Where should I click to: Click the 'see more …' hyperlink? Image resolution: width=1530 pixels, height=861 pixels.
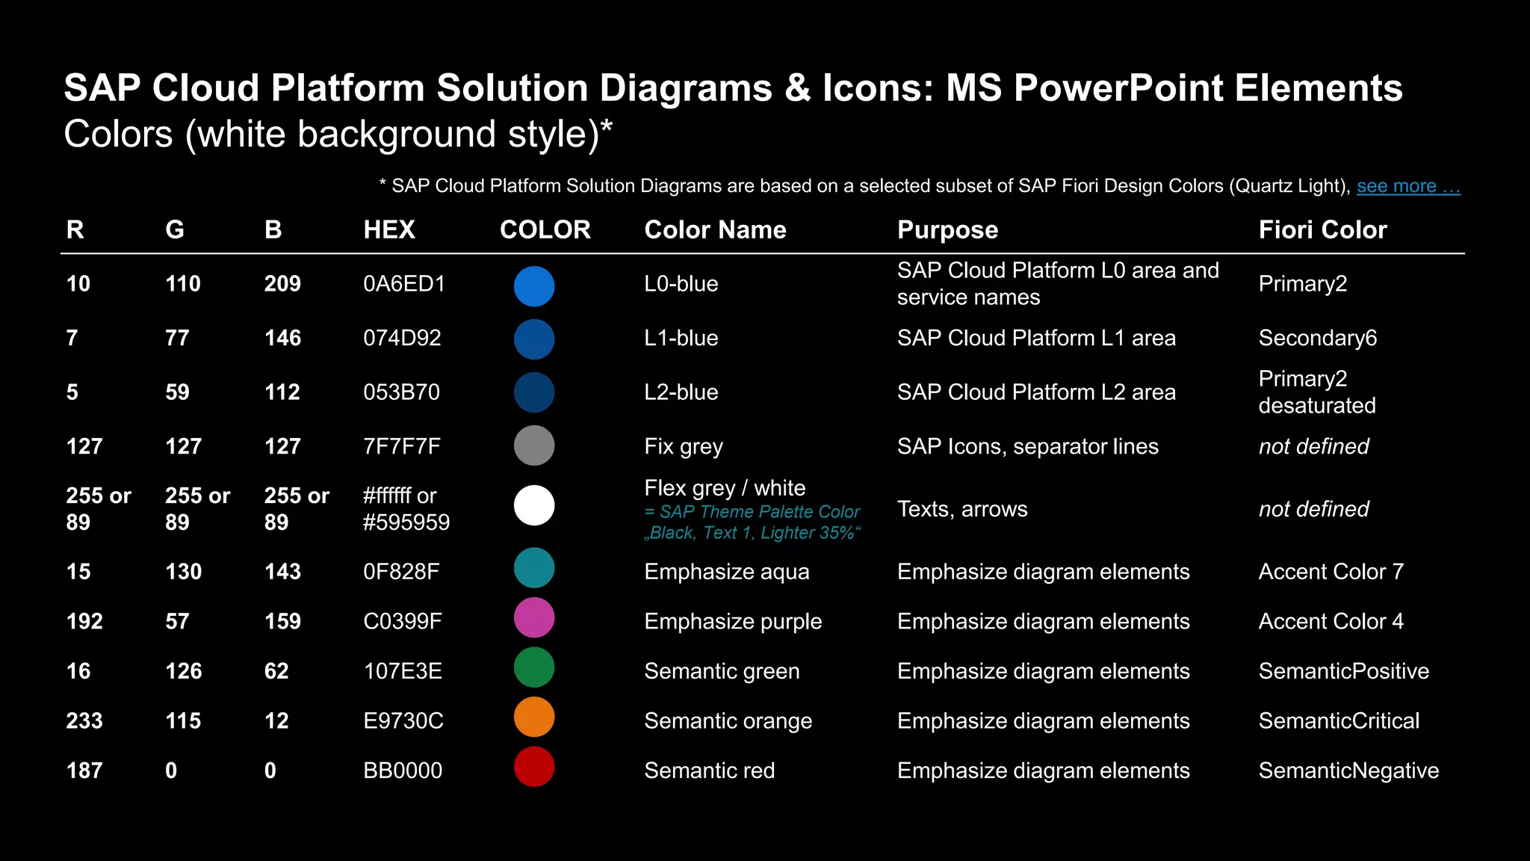pyautogui.click(x=1407, y=186)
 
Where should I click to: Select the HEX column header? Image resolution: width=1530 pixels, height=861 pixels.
pyautogui.click(x=388, y=229)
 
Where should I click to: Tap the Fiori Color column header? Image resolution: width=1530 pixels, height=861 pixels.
pyautogui.click(x=1322, y=229)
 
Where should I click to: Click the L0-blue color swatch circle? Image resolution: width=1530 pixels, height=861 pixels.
pyautogui.click(x=534, y=286)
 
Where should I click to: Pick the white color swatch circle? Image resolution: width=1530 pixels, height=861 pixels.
pyautogui.click(x=534, y=505)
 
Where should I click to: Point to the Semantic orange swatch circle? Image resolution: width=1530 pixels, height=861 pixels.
pyautogui.click(x=534, y=717)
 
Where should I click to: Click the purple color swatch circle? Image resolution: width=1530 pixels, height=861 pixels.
pyautogui.click(x=534, y=618)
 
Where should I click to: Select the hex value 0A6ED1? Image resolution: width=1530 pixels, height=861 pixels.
pyautogui.click(x=403, y=284)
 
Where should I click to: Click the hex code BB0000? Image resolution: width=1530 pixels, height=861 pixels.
pyautogui.click(x=403, y=771)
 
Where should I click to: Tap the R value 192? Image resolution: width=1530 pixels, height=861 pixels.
pyautogui.click(x=84, y=621)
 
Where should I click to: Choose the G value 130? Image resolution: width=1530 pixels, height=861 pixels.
pyautogui.click(x=183, y=572)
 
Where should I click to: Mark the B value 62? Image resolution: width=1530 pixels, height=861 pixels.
pyautogui.click(x=276, y=671)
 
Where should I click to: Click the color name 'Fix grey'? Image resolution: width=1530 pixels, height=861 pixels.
pyautogui.click(x=684, y=447)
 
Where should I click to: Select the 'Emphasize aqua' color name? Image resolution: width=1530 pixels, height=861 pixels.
pyautogui.click(x=726, y=572)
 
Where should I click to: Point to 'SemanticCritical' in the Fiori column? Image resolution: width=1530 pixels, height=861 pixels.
pyautogui.click(x=1339, y=720)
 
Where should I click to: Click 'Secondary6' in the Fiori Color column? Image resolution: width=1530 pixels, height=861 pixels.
pyautogui.click(x=1317, y=338)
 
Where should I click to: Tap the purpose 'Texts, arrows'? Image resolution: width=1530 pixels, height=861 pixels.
pyautogui.click(x=962, y=509)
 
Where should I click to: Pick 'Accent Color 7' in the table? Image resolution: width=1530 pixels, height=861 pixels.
pyautogui.click(x=1331, y=572)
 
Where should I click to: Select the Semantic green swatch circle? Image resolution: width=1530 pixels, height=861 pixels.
pyautogui.click(x=534, y=667)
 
